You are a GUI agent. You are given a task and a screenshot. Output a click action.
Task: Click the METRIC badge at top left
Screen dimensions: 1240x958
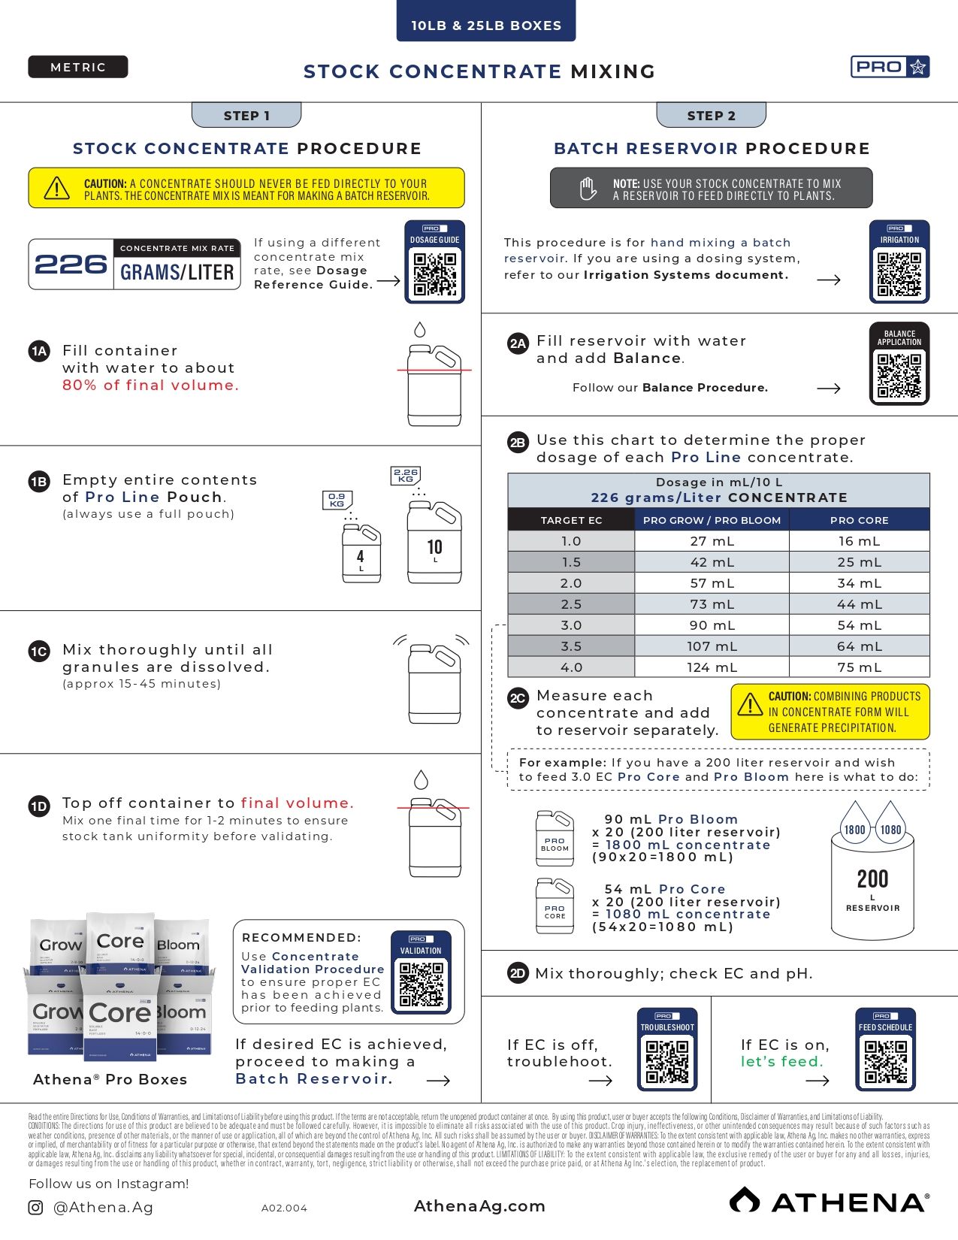(x=78, y=67)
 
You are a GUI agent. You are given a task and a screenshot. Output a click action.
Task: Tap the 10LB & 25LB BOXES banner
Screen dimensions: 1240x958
(x=486, y=25)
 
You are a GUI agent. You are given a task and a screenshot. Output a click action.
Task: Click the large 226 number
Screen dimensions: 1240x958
(x=71, y=265)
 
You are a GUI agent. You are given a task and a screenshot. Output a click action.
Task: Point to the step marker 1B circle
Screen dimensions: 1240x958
(x=39, y=482)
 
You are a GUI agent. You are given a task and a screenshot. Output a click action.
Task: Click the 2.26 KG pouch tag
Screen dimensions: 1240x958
(x=406, y=475)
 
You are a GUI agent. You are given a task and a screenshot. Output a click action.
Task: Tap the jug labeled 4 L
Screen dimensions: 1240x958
(x=361, y=553)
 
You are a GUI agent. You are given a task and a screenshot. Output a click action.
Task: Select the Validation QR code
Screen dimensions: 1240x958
(x=421, y=984)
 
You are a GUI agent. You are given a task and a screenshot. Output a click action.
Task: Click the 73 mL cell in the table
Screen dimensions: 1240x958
(x=712, y=604)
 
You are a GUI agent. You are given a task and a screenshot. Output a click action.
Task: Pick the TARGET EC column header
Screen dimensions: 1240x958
(x=571, y=520)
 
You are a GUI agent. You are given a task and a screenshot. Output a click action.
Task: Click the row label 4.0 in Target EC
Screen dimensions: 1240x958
(x=571, y=667)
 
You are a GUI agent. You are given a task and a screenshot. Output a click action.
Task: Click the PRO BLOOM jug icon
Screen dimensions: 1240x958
(x=555, y=839)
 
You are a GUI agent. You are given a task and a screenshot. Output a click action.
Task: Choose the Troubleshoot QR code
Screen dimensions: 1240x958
(x=667, y=1060)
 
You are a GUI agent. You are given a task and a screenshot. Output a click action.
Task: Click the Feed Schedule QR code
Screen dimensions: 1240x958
(x=886, y=1060)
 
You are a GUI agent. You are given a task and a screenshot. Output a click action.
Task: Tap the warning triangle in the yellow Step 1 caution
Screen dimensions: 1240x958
(x=57, y=188)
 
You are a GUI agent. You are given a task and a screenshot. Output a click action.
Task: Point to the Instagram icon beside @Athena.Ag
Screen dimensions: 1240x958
(x=35, y=1208)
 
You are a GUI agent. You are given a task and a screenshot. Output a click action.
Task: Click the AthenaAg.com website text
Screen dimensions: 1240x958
(x=479, y=1206)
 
